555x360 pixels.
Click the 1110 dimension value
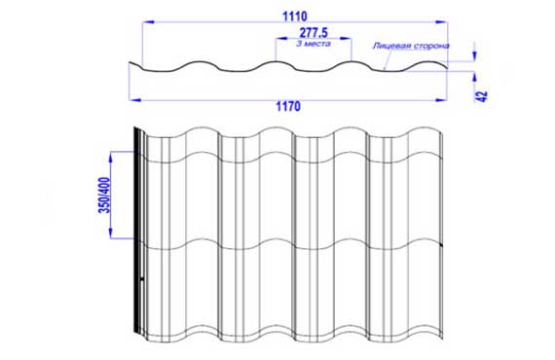pyautogui.click(x=294, y=17)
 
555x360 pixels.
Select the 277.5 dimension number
pyautogui.click(x=314, y=33)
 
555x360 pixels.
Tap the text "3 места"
pyautogui.click(x=314, y=44)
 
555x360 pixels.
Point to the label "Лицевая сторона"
pyautogui.click(x=411, y=46)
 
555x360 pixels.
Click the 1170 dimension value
pyautogui.click(x=288, y=106)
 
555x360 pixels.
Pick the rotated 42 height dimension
pyautogui.click(x=482, y=96)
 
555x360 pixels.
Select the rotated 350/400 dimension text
pyautogui.click(x=105, y=196)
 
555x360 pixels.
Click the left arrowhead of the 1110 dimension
pyautogui.click(x=148, y=22)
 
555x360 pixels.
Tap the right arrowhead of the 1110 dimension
pyautogui.click(x=441, y=22)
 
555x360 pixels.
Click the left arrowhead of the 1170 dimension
pyautogui.click(x=135, y=100)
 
